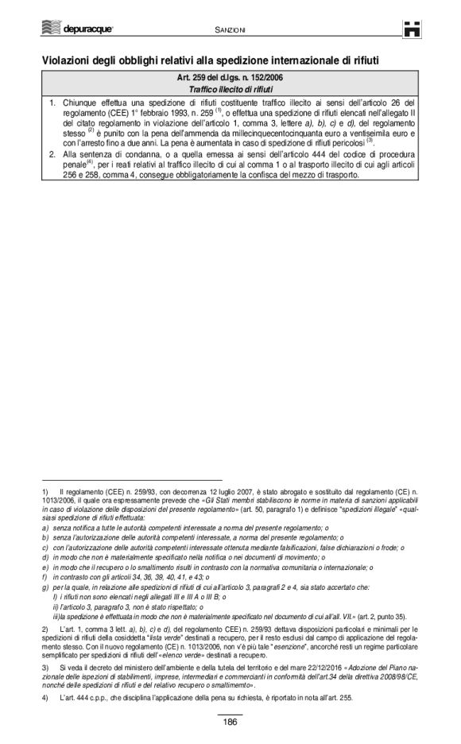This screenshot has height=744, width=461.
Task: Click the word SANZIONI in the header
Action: (231, 29)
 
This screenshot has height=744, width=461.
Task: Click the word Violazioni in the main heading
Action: (71, 60)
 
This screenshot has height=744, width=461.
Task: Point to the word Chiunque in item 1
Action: (82, 103)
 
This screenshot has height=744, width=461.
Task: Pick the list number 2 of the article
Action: (52, 154)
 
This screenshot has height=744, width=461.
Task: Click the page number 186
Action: (230, 722)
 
